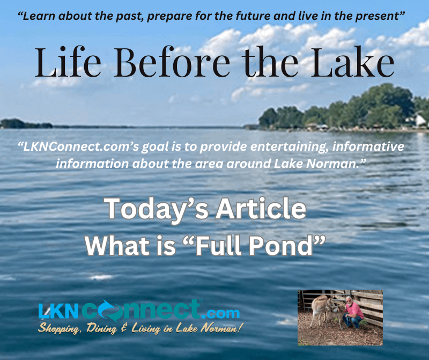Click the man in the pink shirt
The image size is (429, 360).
pyautogui.click(x=353, y=312)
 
